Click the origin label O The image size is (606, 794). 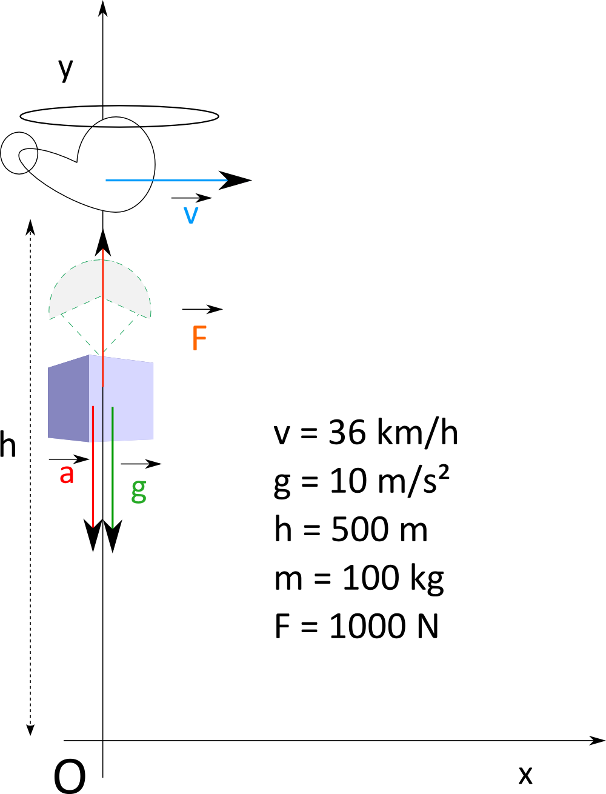click(x=70, y=776)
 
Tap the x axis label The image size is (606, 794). click(x=525, y=775)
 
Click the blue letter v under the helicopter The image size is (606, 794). click(x=191, y=215)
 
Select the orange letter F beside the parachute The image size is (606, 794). click(x=199, y=338)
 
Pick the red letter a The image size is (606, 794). click(x=67, y=474)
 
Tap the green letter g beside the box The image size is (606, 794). click(x=139, y=489)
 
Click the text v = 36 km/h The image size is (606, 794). click(x=365, y=433)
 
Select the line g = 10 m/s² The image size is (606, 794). click(x=362, y=481)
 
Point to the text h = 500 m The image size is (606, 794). click(x=351, y=529)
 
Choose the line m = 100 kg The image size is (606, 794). click(x=359, y=578)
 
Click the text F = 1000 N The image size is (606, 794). click(x=356, y=626)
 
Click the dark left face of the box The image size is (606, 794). click(x=68, y=398)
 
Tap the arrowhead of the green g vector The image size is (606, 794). click(x=113, y=536)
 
